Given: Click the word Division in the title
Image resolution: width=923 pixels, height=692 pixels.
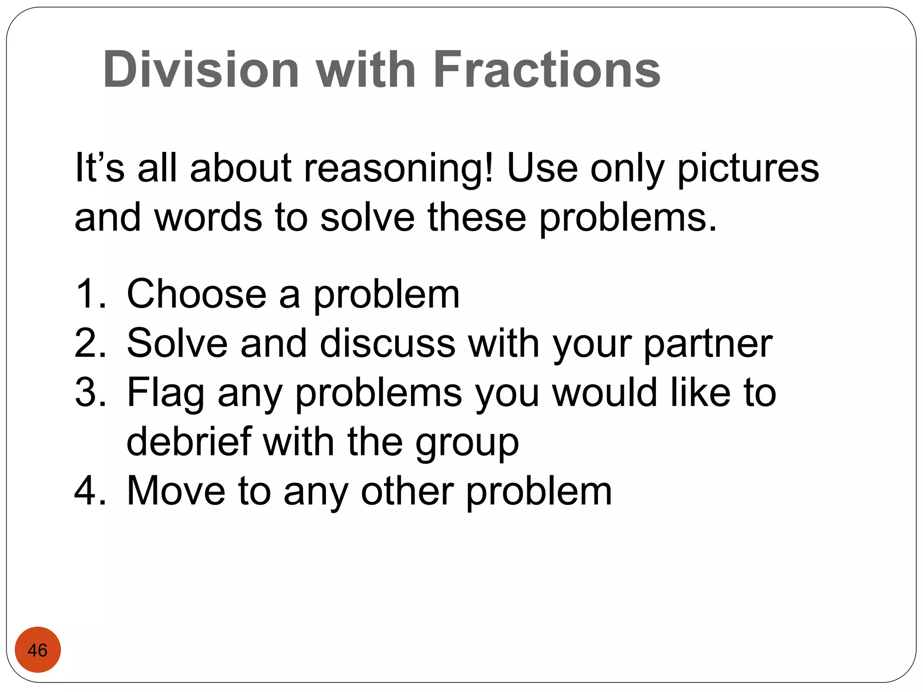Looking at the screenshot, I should [x=201, y=70].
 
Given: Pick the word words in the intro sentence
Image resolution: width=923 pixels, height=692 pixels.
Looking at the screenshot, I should [x=208, y=217].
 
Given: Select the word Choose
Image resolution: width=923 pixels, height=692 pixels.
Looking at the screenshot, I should [x=197, y=294].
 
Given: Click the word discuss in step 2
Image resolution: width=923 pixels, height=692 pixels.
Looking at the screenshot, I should [x=388, y=343].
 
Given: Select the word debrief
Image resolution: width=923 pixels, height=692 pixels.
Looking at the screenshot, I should [x=189, y=442].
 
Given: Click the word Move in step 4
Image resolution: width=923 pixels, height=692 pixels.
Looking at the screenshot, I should [x=176, y=491].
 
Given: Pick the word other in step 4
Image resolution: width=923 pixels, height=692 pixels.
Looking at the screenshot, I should [x=407, y=491].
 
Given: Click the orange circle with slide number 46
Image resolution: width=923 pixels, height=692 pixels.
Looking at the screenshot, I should [x=38, y=650].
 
